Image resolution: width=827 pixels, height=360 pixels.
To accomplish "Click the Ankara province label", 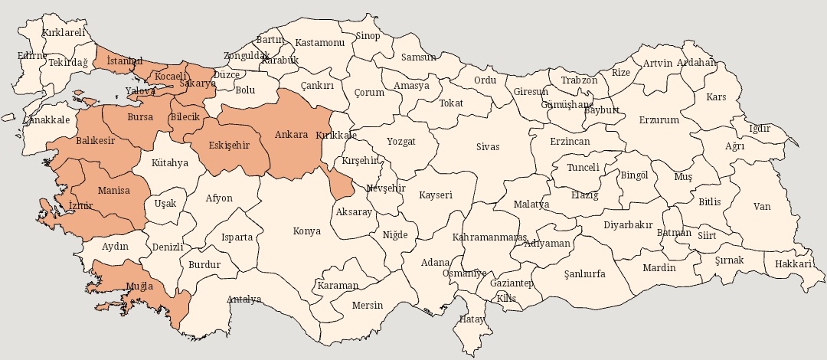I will click(x=291, y=135).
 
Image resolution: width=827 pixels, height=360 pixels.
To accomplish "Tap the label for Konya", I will click(x=307, y=231).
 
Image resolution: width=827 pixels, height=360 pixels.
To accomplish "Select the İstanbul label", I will click(x=125, y=61).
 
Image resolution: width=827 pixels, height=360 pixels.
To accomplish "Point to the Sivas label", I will click(x=487, y=146).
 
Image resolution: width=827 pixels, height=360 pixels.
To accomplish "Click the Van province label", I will click(x=762, y=206).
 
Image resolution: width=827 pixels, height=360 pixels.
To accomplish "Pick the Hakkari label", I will click(x=793, y=263).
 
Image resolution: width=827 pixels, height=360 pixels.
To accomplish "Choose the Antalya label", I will click(x=244, y=299).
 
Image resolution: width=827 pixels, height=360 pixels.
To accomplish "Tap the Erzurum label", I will click(x=659, y=120).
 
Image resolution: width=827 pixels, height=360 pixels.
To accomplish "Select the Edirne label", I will click(x=32, y=55).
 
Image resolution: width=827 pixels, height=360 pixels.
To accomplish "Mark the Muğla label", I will click(x=140, y=286).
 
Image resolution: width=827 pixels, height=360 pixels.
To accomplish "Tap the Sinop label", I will click(x=368, y=36).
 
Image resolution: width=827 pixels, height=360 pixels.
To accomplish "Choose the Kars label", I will click(x=716, y=97).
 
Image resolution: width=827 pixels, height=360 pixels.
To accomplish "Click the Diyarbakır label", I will click(x=628, y=225).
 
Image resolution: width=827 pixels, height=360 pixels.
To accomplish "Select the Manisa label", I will click(x=113, y=190).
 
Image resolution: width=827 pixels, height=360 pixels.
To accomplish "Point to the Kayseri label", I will click(x=435, y=195).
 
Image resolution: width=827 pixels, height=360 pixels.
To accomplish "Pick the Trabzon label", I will click(x=579, y=80).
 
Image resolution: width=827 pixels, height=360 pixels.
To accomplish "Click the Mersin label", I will click(x=367, y=305).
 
